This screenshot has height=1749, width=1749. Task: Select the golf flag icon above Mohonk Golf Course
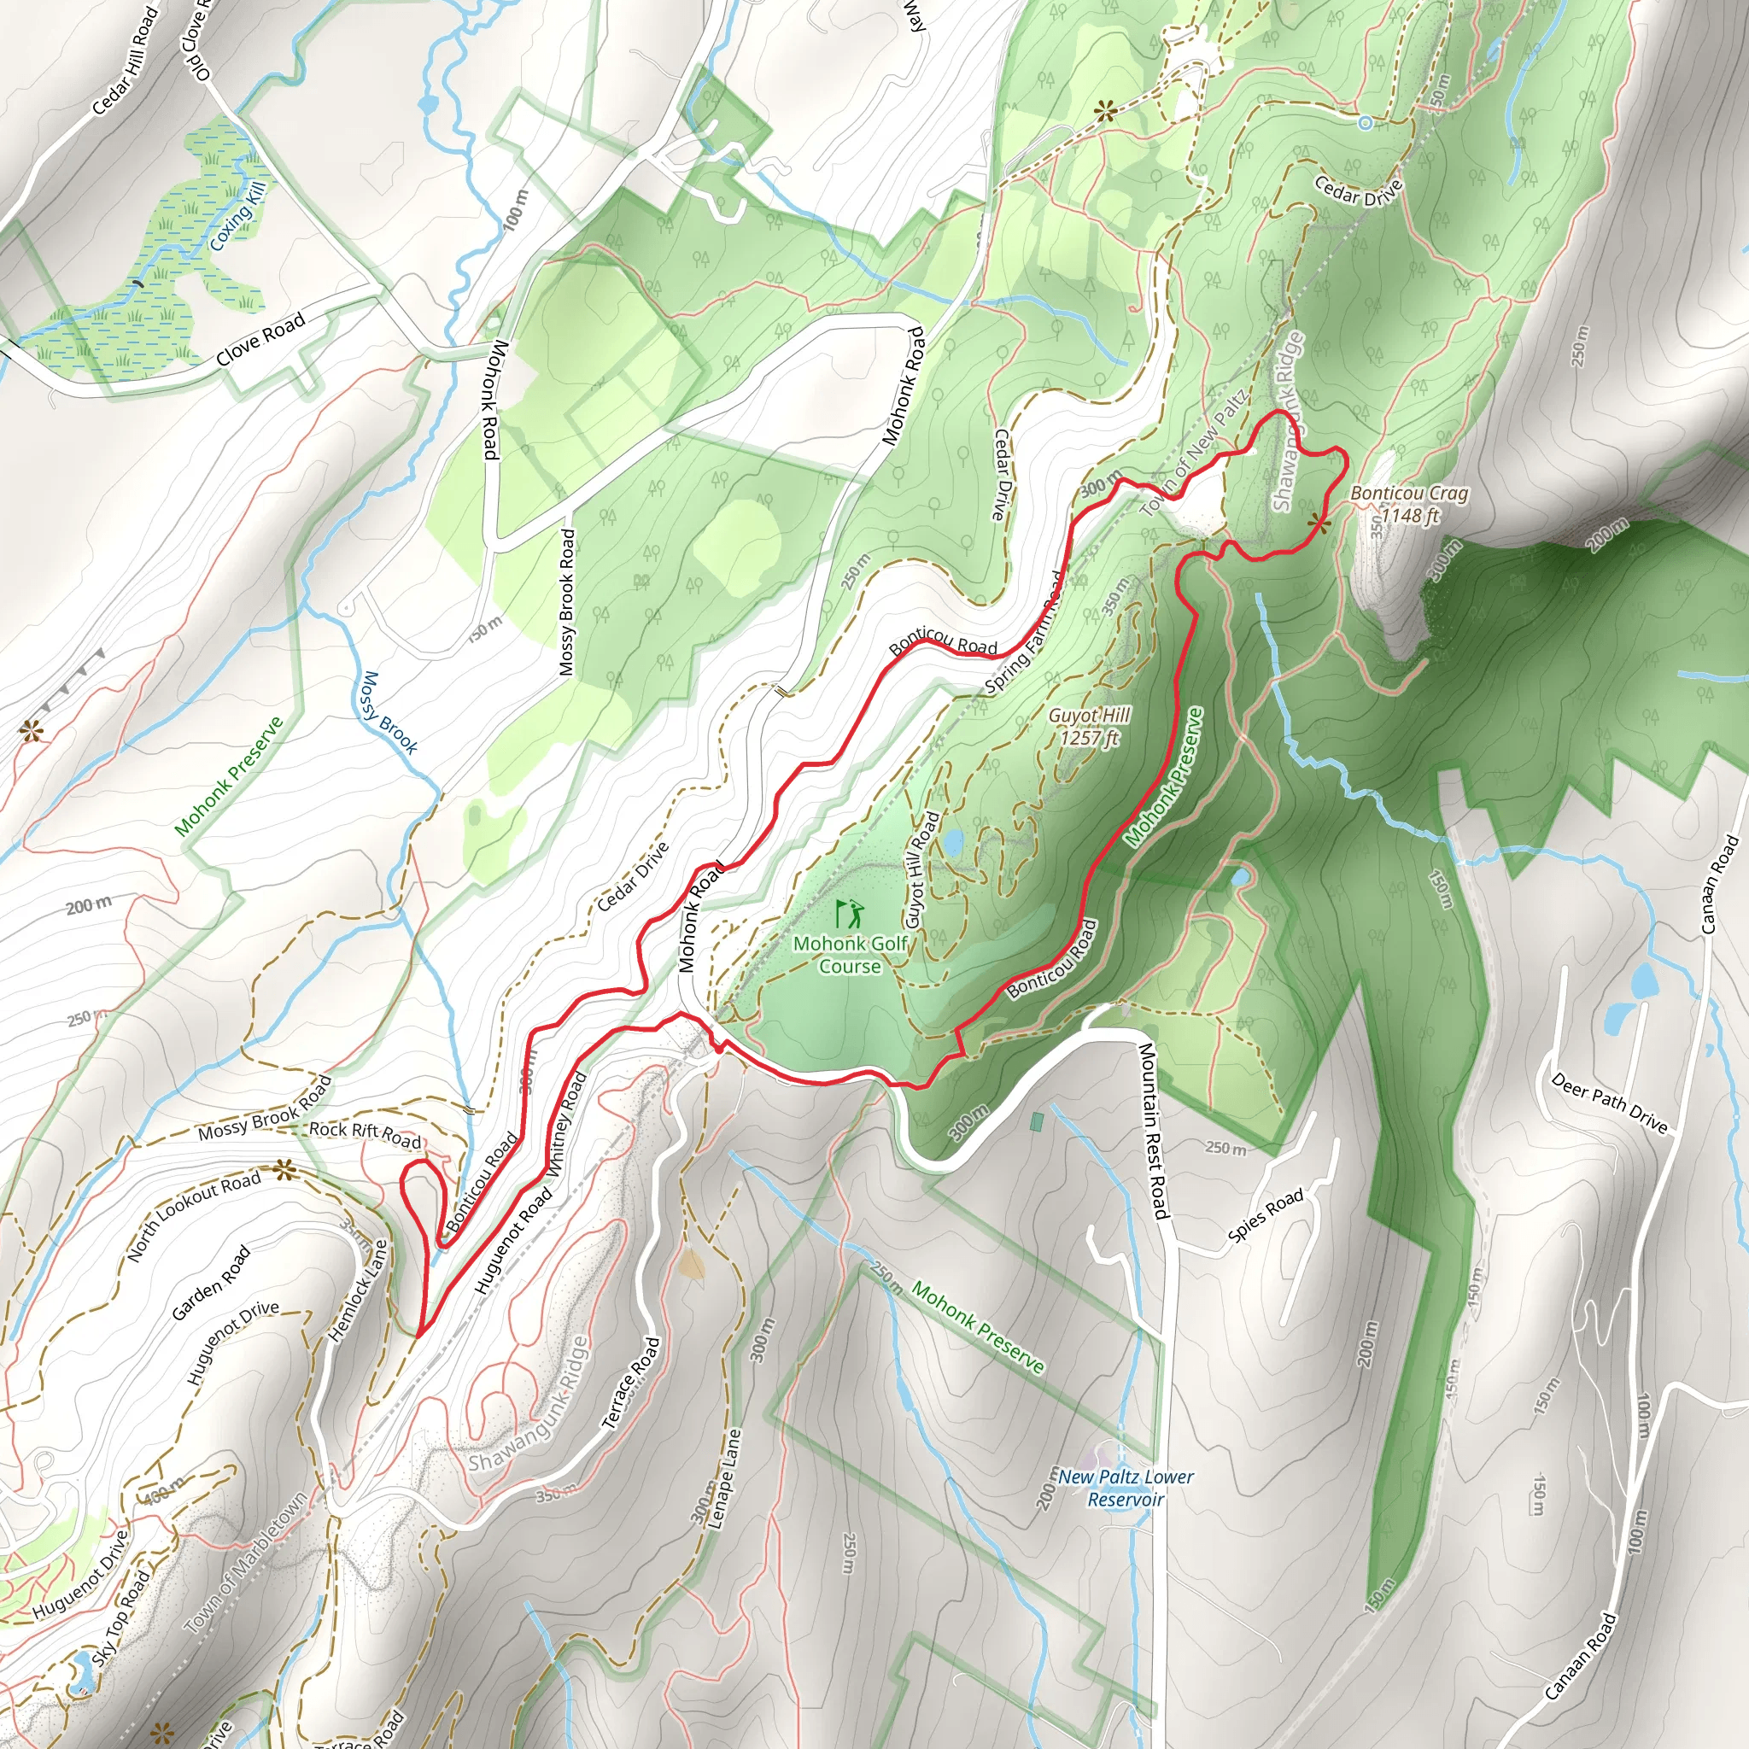(849, 914)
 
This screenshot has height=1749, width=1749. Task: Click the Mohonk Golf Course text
(850, 955)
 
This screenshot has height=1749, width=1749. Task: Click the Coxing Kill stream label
(238, 216)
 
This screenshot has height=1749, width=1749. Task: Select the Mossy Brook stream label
(389, 713)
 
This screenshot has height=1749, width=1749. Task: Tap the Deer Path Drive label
(1609, 1103)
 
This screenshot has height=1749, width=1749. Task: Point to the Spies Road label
(1266, 1215)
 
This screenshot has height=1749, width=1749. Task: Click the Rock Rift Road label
(366, 1135)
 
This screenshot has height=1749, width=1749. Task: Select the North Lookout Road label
(193, 1216)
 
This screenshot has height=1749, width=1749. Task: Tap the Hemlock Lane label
(359, 1290)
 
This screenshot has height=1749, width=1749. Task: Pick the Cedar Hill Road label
(125, 61)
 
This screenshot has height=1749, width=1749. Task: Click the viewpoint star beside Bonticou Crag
(1319, 524)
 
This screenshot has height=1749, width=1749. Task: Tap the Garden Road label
(211, 1283)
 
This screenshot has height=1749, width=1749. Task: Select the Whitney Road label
(566, 1122)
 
